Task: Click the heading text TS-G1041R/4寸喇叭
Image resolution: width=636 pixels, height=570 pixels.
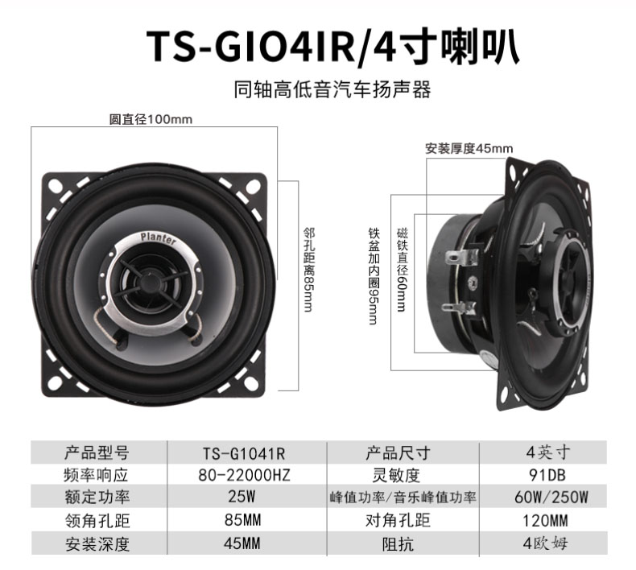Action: tap(332, 47)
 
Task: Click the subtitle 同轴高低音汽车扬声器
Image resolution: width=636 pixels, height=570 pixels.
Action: tap(332, 89)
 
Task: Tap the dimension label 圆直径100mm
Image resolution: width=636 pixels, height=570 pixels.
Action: tap(151, 119)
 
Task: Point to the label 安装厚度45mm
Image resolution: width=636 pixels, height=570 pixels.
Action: tap(469, 148)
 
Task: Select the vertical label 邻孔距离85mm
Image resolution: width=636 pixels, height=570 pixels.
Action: tap(308, 270)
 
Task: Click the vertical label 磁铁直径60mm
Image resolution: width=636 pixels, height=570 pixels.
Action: tap(402, 270)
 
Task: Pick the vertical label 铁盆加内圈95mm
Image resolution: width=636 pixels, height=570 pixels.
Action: tap(374, 276)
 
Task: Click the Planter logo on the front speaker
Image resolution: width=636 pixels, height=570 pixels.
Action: tap(159, 238)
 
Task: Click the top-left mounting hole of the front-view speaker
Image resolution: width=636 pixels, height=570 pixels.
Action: tap(54, 186)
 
